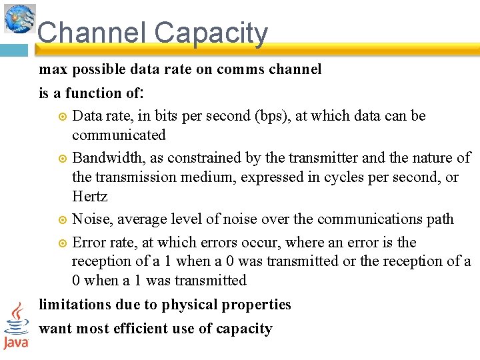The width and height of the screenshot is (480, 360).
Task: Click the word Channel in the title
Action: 91,33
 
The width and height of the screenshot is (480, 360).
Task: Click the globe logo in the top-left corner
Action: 19,18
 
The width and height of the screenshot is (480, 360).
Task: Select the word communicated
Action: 119,135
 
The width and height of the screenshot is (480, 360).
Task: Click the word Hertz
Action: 89,197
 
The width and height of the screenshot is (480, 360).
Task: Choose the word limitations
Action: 77,305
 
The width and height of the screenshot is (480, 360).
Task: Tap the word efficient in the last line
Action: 140,329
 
